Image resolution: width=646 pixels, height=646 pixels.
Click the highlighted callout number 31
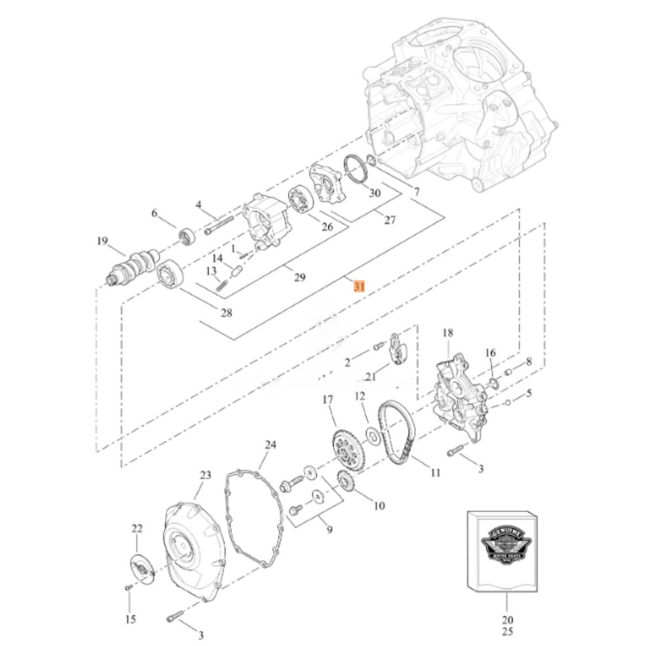click(x=359, y=286)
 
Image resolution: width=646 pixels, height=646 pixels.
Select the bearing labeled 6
click(x=186, y=236)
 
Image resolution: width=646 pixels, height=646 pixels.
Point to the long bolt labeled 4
click(x=220, y=226)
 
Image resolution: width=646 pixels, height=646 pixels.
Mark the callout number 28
click(x=227, y=312)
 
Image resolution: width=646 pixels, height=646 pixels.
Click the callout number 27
click(x=390, y=220)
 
